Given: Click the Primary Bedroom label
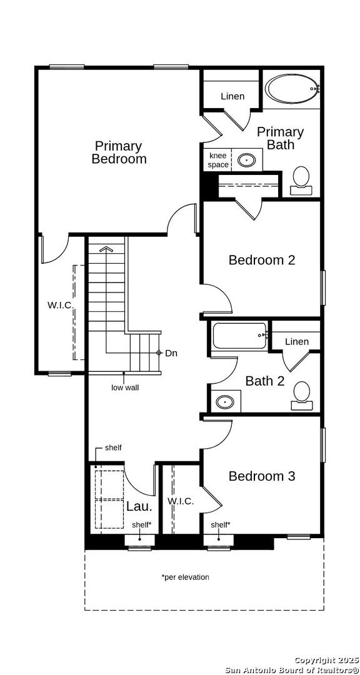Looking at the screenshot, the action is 119,152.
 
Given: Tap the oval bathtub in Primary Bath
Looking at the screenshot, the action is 292,89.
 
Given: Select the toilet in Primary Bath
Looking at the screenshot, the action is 301,181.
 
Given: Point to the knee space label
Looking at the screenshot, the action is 218,160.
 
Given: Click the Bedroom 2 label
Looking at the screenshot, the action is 262,260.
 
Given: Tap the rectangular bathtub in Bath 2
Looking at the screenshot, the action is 239,336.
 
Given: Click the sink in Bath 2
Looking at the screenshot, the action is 225,402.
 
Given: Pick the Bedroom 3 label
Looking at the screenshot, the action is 262,476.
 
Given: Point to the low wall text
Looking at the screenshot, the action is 125,387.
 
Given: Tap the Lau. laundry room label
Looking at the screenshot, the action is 139,506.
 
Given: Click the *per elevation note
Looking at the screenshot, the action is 185,577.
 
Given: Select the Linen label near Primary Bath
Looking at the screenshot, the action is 232,96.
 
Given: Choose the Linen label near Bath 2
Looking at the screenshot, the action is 297,341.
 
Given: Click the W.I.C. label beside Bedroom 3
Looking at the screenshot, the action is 181,501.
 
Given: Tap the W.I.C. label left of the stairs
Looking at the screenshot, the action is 60,305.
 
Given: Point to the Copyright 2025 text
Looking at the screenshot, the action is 326,660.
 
